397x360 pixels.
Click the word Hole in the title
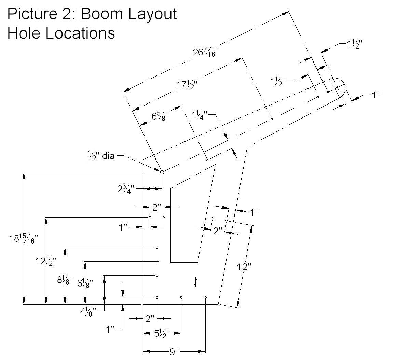click(23, 33)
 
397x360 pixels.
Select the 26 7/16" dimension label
click(205, 52)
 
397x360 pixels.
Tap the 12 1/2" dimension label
click(46, 262)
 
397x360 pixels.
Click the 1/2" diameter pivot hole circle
click(162, 172)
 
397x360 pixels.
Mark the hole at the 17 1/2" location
click(272, 119)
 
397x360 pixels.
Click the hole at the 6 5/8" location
click(207, 160)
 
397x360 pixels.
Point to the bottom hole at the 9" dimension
click(206, 297)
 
